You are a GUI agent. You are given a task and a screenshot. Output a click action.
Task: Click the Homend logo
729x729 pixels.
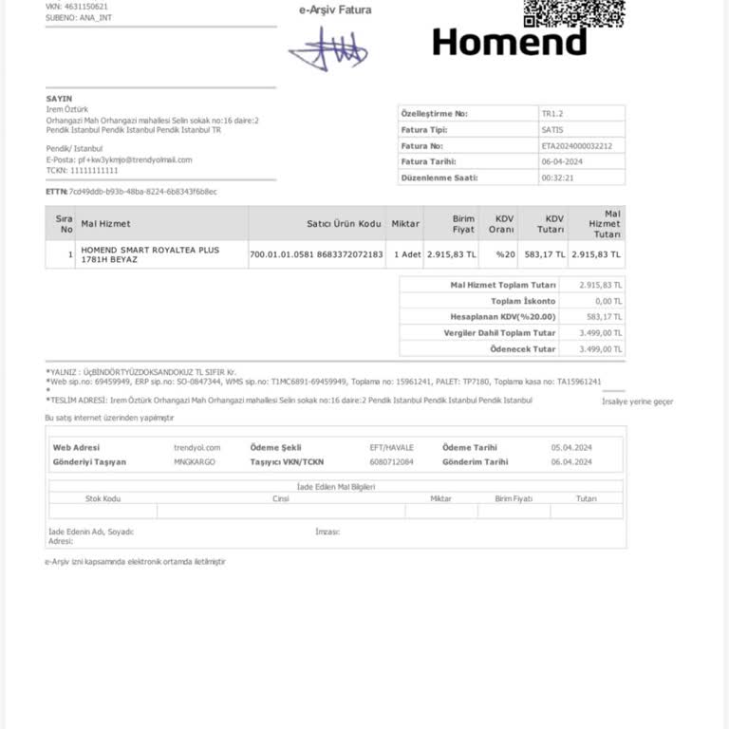pyautogui.click(x=509, y=41)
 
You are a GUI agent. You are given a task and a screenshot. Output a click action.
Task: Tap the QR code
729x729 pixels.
pyautogui.click(x=573, y=11)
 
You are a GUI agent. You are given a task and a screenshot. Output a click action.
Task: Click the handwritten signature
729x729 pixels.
pyautogui.click(x=328, y=47)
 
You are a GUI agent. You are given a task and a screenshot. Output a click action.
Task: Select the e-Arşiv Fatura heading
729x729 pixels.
pyautogui.click(x=335, y=10)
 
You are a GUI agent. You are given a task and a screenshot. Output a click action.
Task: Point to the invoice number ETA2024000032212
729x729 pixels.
pyautogui.click(x=576, y=146)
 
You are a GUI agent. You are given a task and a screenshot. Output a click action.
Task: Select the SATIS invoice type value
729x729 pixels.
pyautogui.click(x=551, y=130)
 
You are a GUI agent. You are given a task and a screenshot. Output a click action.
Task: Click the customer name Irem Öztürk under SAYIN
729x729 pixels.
pyautogui.click(x=67, y=109)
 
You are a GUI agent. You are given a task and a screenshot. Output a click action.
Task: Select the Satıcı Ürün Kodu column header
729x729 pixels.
pyautogui.click(x=344, y=223)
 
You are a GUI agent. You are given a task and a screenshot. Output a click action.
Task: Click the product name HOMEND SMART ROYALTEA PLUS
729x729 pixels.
pyautogui.click(x=150, y=251)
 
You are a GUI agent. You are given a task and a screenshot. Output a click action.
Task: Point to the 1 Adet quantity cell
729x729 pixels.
pyautogui.click(x=406, y=254)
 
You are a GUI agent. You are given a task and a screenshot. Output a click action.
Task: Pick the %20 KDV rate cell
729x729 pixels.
pyautogui.click(x=504, y=254)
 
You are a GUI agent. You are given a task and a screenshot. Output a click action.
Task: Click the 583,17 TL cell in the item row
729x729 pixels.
pyautogui.click(x=544, y=254)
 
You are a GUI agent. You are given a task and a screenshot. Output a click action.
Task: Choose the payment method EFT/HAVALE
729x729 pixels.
pyautogui.click(x=391, y=447)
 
